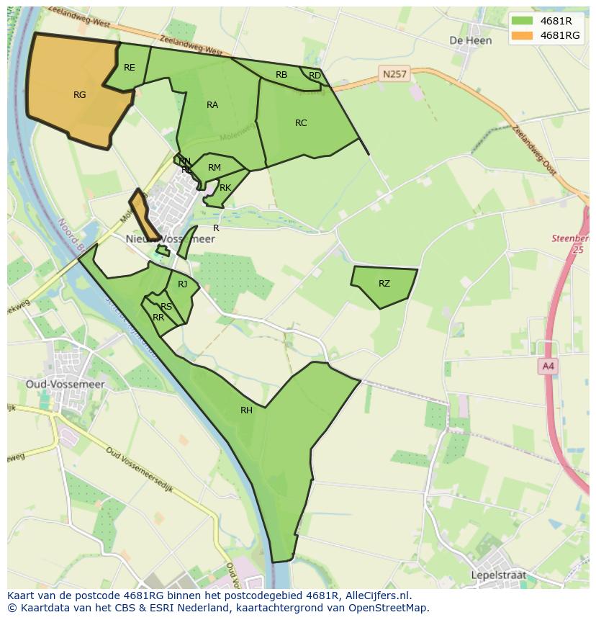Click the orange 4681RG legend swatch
tap(523, 35)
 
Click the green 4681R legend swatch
tap(523, 22)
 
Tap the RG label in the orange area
tap(79, 94)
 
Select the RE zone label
tap(130, 68)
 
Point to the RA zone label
tap(212, 105)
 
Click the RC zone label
tap(301, 123)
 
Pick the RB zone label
tap(281, 75)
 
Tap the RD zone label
tap(315, 76)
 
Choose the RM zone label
tap(214, 168)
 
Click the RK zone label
tap(225, 188)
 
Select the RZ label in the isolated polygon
tap(384, 284)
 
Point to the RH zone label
tap(247, 410)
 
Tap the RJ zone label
tap(183, 284)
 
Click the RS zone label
tap(166, 307)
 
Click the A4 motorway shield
tap(548, 367)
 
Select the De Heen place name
tap(470, 41)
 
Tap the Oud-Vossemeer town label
tap(66, 385)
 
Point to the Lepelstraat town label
tap(497, 575)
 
